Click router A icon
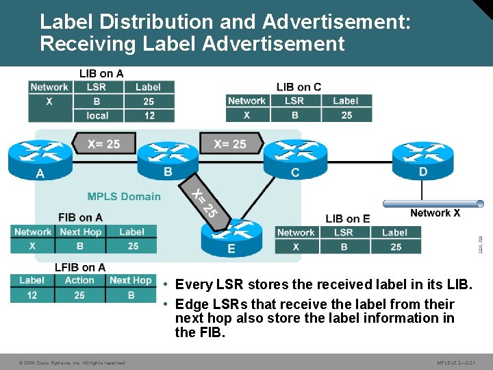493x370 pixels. pyautogui.click(x=40, y=158)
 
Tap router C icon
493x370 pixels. pyautogui.click(x=295, y=157)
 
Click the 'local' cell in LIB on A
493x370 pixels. pyautogui.click(x=98, y=116)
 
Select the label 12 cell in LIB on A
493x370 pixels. pyautogui.click(x=149, y=116)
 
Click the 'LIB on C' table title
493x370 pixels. pyautogui.click(x=299, y=86)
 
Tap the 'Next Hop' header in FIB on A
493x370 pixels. pyautogui.click(x=80, y=232)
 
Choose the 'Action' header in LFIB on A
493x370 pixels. pyautogui.click(x=79, y=280)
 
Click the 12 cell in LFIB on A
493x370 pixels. pyautogui.click(x=31, y=295)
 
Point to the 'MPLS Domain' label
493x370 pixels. pyautogui.click(x=124, y=197)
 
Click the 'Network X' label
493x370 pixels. pyautogui.click(x=435, y=213)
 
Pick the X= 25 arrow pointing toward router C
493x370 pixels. pyautogui.click(x=229, y=144)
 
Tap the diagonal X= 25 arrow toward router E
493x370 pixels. pyautogui.click(x=204, y=203)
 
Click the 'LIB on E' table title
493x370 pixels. pyautogui.click(x=348, y=219)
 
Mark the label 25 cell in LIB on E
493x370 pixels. pyautogui.click(x=396, y=247)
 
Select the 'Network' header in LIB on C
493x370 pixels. pyautogui.click(x=246, y=101)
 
